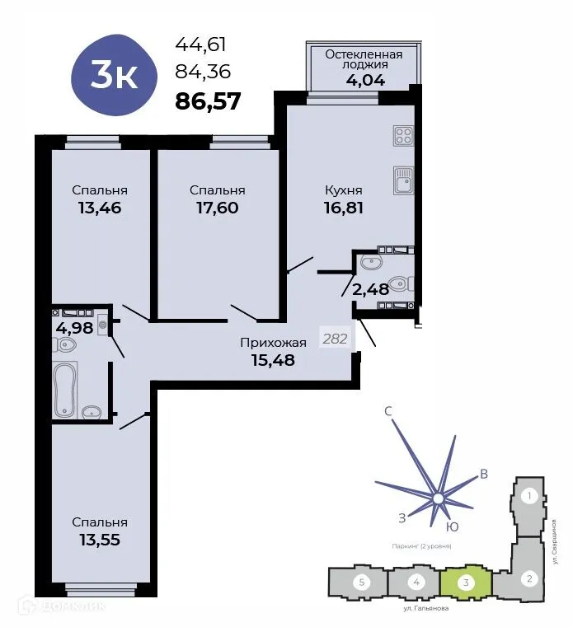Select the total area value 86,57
[208, 101]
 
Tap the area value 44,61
[200, 45]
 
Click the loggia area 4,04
[363, 81]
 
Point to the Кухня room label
[343, 190]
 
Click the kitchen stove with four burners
[403, 134]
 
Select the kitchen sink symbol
[402, 180]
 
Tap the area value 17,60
[217, 208]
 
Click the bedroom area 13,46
[100, 208]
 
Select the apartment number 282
[334, 338]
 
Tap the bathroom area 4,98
[72, 328]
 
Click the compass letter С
[387, 409]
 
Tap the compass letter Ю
[452, 526]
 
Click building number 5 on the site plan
[360, 583]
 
